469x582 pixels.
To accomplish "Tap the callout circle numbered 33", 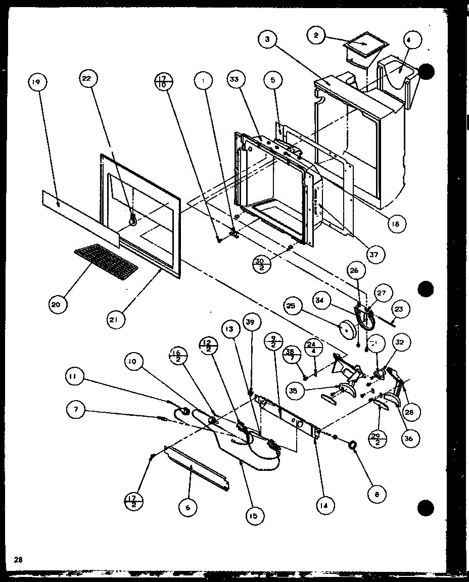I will [236, 79].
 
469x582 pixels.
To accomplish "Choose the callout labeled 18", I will [398, 223].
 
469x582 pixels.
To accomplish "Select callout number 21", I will [115, 319].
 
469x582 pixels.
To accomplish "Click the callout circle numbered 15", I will [253, 516].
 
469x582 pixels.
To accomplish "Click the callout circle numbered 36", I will [408, 438].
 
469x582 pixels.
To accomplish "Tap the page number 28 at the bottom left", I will [19, 559].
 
